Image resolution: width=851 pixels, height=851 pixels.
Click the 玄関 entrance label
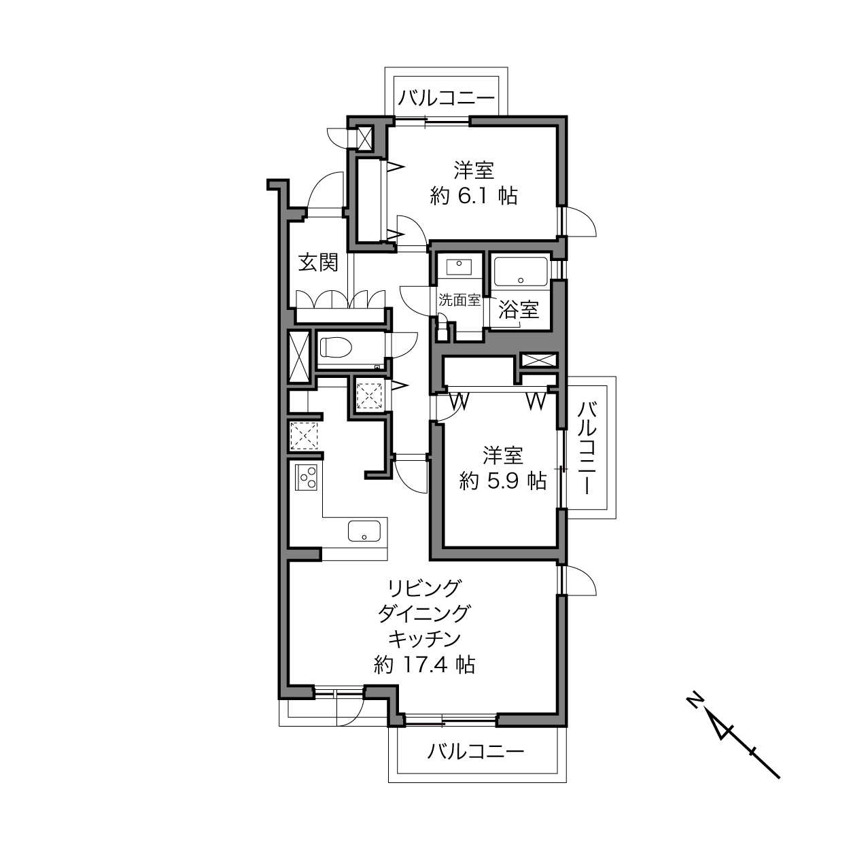[x=318, y=262]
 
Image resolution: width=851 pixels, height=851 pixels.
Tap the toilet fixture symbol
[x=336, y=347]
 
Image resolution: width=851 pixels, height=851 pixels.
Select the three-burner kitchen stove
[x=306, y=477]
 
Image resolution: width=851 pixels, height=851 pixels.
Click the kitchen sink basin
[x=364, y=532]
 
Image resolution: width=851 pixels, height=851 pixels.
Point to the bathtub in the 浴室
[x=521, y=272]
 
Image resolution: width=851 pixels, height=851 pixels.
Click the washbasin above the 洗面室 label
[x=459, y=266]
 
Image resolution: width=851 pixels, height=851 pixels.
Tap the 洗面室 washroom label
[x=459, y=300]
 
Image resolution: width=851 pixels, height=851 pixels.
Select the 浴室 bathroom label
[x=519, y=309]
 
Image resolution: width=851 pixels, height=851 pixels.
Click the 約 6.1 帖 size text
[x=474, y=196]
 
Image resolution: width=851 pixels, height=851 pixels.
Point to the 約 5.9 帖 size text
[x=503, y=481]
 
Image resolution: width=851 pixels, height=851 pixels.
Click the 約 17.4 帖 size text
[x=424, y=664]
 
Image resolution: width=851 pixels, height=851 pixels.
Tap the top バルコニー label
[x=447, y=98]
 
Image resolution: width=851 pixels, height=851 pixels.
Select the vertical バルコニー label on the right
[x=587, y=448]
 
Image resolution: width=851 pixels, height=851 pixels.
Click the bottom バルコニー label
[x=476, y=751]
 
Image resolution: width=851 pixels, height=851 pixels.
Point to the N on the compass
[x=695, y=702]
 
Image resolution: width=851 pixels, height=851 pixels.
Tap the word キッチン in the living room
[x=424, y=638]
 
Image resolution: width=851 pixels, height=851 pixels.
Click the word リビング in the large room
[x=424, y=588]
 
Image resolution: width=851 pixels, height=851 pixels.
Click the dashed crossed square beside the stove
[x=303, y=436]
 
